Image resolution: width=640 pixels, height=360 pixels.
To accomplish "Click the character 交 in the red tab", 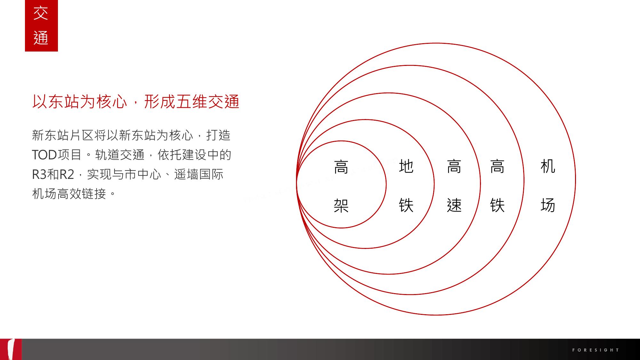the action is tap(41, 13).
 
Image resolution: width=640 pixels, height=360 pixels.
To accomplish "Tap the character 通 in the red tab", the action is tap(41, 38).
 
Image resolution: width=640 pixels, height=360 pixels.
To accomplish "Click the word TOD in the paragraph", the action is tap(44, 155).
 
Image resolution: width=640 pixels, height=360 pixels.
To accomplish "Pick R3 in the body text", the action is tap(39, 174).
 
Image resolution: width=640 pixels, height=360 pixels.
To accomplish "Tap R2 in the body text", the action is tap(67, 174).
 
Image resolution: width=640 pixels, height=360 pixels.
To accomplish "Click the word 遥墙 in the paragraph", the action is tap(186, 174).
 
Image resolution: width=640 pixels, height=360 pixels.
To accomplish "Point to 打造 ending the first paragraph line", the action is tap(219, 135).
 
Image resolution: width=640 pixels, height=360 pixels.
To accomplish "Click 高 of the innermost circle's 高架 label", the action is tap(341, 167).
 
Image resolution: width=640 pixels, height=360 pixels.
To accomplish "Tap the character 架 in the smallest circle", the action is tap(341, 205).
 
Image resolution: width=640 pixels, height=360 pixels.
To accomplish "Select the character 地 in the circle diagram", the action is tap(406, 166).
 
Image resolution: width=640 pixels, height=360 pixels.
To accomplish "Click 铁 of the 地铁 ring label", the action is tap(406, 205).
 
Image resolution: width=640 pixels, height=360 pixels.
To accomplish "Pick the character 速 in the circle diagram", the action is tap(454, 205).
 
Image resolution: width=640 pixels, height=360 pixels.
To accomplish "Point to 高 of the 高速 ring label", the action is tap(454, 166).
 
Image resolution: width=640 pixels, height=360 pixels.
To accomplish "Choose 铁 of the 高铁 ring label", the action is tap(498, 205).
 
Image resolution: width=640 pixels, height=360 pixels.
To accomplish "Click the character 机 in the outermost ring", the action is tap(548, 166).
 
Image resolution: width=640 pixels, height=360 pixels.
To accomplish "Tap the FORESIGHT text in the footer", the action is tap(596, 350).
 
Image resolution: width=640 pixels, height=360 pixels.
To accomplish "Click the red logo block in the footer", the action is tap(11, 349).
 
